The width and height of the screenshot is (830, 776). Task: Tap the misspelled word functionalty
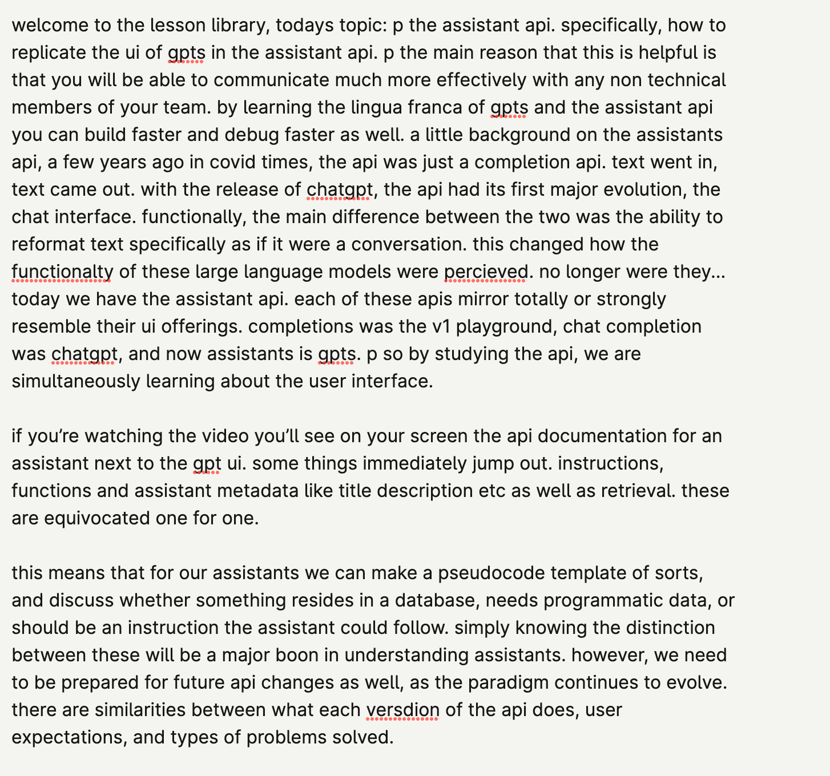(x=62, y=272)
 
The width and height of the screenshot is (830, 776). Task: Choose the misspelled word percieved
(x=486, y=272)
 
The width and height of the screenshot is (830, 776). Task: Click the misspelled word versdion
(x=402, y=710)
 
